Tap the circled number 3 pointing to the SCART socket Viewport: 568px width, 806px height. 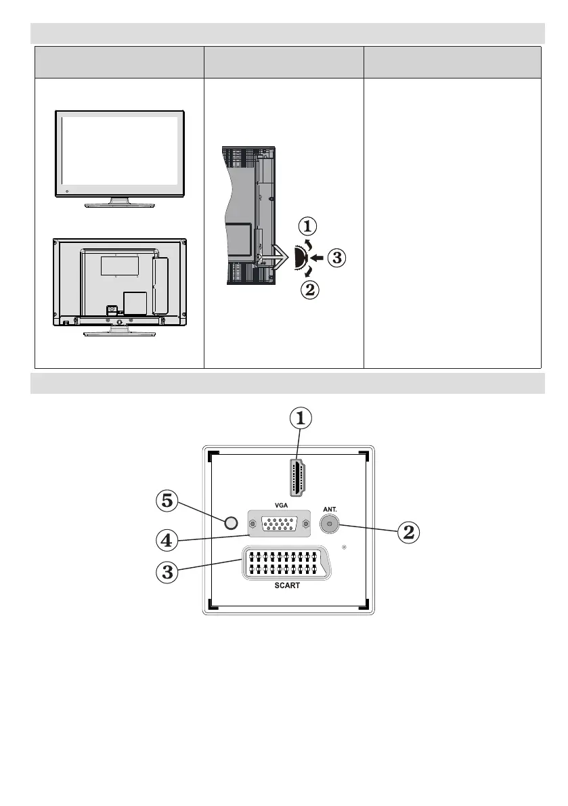167,572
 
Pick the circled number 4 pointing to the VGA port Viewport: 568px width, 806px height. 167,541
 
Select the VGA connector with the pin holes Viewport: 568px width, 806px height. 278,523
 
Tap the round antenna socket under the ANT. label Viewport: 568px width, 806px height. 328,523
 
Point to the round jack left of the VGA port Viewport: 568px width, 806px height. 231,523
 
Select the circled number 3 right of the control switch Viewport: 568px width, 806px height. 337,258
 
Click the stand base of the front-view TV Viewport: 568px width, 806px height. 118,202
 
